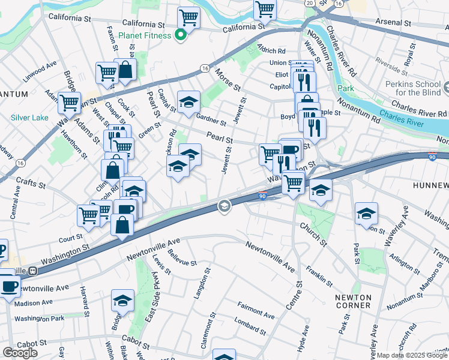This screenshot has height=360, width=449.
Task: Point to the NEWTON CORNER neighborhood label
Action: tap(354, 301)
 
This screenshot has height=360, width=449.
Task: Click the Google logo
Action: tap(20, 353)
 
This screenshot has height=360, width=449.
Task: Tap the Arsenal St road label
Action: tap(411, 22)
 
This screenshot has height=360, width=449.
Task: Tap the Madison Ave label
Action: tap(35, 303)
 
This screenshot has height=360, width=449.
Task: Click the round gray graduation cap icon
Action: tap(224, 206)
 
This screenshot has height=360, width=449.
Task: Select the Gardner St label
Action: tap(211, 118)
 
